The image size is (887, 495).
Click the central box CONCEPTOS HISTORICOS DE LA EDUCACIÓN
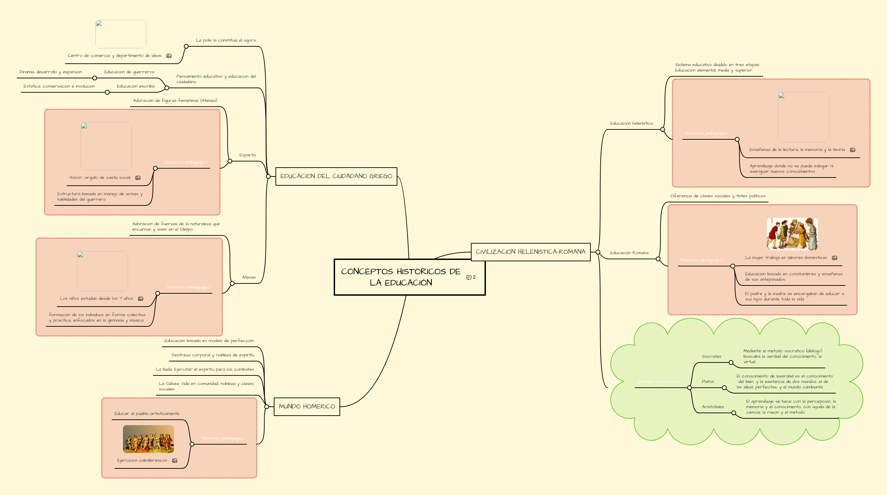[400, 277]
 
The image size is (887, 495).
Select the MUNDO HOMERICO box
[306, 406]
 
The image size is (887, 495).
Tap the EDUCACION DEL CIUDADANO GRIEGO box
[336, 176]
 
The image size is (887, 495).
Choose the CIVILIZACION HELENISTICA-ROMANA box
[530, 252]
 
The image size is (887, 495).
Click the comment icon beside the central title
[469, 277]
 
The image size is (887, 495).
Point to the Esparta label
[247, 155]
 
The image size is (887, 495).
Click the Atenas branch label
[249, 277]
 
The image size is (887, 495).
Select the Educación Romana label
[629, 253]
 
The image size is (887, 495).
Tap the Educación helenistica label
[631, 123]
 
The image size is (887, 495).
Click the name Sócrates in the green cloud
[711, 356]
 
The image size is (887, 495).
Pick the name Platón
[708, 382]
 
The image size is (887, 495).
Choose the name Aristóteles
[713, 407]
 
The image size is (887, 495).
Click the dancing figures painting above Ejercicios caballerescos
[148, 439]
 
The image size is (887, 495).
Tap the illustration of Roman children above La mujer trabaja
[792, 234]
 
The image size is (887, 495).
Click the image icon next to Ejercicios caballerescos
[175, 461]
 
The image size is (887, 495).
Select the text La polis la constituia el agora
[225, 40]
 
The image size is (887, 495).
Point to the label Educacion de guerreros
[129, 72]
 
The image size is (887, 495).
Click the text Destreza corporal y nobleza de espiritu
[213, 355]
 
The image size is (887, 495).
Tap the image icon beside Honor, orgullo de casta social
[138, 178]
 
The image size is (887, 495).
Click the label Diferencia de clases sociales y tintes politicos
[717, 196]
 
